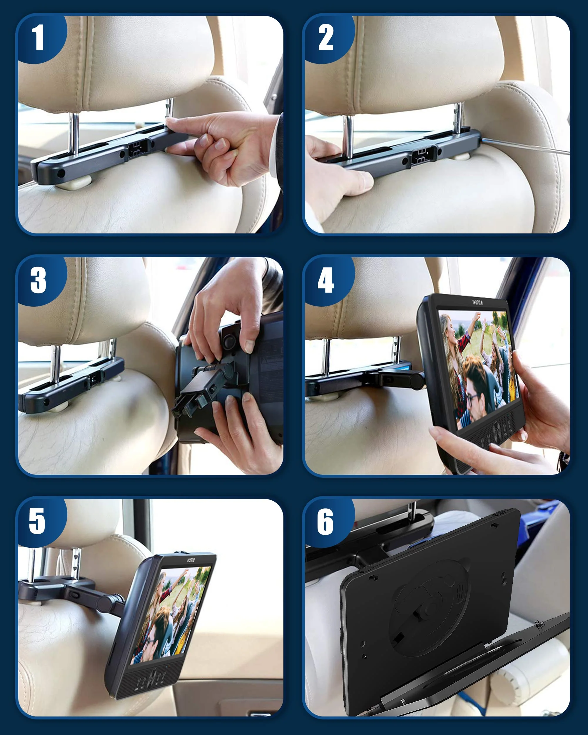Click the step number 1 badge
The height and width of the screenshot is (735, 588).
[x=38, y=38]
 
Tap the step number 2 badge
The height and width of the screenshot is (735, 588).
[x=325, y=38]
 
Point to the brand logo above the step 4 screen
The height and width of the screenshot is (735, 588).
[x=477, y=302]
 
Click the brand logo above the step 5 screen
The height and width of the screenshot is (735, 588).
[x=191, y=560]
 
